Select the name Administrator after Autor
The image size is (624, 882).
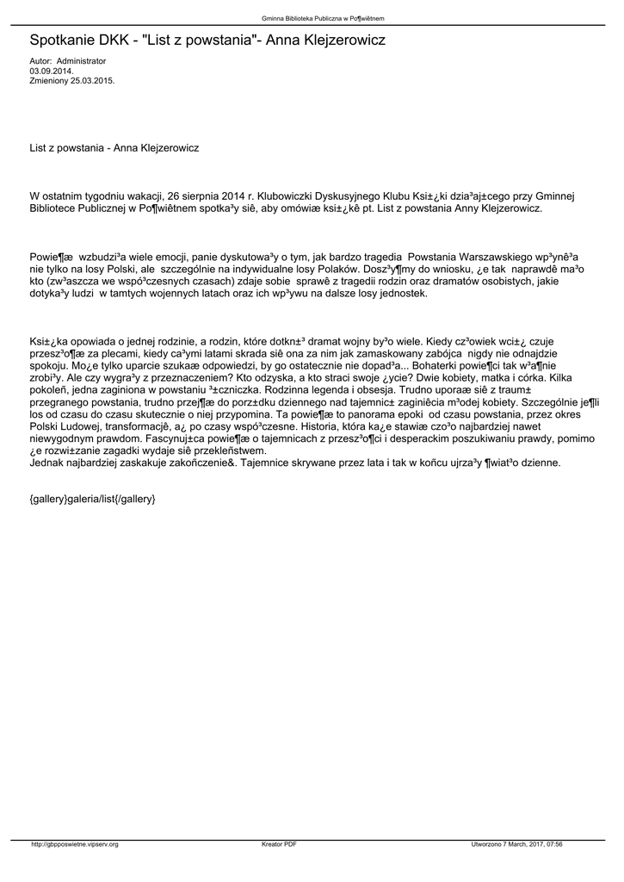click(81, 62)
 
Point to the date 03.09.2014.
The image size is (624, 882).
click(51, 71)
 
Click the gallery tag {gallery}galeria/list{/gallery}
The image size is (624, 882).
click(92, 499)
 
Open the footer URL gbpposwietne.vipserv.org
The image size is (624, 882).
click(75, 843)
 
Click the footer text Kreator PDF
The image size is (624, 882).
click(279, 843)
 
